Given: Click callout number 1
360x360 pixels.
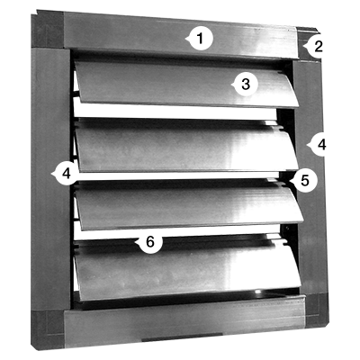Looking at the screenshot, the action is click(200, 39).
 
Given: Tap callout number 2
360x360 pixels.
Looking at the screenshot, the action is click(317, 47).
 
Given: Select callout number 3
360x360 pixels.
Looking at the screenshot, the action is click(245, 85).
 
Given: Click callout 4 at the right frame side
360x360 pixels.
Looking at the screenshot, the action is click(319, 145).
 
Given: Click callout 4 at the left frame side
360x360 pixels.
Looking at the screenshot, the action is click(66, 174).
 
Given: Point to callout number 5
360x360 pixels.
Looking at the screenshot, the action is click(303, 180).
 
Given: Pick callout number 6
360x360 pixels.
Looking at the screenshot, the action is click(148, 241).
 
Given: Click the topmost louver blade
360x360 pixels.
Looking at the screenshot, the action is click(186, 84).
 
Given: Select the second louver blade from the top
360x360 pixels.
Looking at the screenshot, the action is click(186, 146).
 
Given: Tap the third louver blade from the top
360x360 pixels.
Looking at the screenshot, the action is click(189, 204).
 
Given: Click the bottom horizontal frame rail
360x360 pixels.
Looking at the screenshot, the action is click(184, 321).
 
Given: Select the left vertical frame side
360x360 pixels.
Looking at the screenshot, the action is click(50, 179).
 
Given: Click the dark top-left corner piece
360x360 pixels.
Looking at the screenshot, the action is click(48, 31).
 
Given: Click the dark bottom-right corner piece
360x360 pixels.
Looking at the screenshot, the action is click(317, 310).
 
